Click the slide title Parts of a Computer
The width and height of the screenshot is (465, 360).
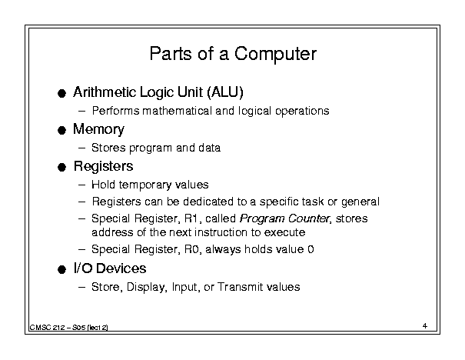(233, 54)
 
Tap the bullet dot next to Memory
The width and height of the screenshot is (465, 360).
(61, 130)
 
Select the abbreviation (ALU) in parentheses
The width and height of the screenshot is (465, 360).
(225, 92)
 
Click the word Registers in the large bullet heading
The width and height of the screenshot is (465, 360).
(104, 166)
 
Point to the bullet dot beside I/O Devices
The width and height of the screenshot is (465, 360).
(61, 269)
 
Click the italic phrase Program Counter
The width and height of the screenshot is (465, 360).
(284, 218)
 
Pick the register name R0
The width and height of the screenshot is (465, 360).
(191, 249)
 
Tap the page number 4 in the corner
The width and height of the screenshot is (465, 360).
(425, 325)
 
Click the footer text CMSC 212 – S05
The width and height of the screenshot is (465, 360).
(58, 328)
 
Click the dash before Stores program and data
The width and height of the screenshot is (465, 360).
(81, 148)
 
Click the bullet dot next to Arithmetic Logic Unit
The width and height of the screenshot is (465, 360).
(61, 93)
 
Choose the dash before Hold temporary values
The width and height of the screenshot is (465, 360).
(81, 185)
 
